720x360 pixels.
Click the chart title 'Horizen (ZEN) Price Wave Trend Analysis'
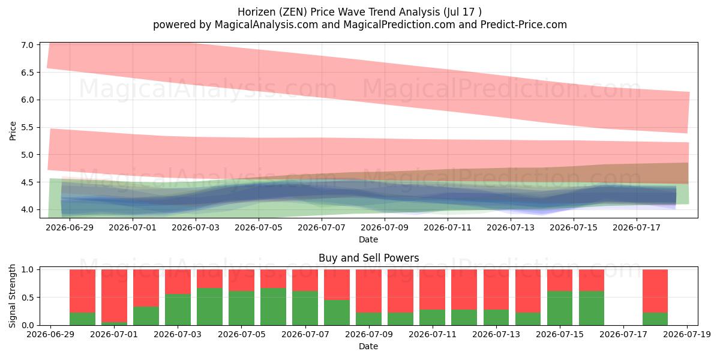coord(338,12)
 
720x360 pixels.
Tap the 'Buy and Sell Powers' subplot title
coord(368,258)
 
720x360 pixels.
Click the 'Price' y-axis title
coord(13,131)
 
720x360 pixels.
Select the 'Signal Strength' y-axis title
coord(12,296)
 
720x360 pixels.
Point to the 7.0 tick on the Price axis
coord(28,45)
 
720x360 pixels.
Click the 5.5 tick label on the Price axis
coord(28,127)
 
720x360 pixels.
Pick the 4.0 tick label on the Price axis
coord(28,209)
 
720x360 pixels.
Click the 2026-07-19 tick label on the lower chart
coord(687,335)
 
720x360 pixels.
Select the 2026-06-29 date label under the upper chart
coord(70,227)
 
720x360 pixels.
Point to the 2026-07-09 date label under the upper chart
coord(385,227)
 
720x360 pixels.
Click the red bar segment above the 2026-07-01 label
coord(114,296)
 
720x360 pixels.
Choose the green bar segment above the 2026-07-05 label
coord(241,308)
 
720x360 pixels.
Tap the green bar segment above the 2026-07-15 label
coord(560,308)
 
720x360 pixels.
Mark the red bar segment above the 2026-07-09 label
coord(368,291)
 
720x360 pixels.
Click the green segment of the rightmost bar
coord(655,319)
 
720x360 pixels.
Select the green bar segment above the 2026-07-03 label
coord(178,310)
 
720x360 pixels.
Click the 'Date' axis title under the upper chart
coord(368,239)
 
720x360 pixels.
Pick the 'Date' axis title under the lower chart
coord(368,347)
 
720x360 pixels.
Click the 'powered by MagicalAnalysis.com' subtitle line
coord(359,25)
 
